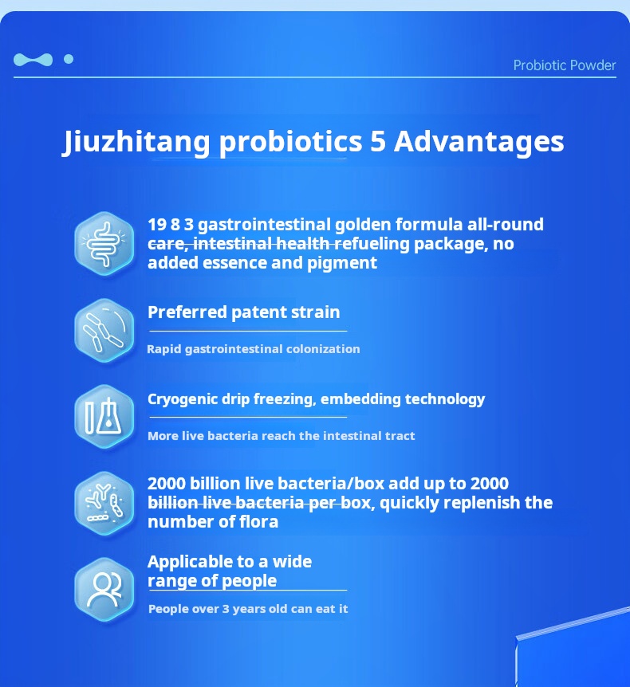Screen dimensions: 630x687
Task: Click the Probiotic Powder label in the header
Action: coord(565,65)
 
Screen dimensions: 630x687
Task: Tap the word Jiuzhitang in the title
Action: coord(137,142)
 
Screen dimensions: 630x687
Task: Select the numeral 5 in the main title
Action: coord(378,142)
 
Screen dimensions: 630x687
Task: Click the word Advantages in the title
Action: coord(478,142)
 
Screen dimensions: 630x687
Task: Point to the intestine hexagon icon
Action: coord(104,244)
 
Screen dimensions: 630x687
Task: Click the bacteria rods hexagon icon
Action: coord(104,331)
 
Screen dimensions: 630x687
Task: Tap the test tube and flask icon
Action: coord(104,417)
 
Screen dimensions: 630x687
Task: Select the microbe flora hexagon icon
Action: coord(104,504)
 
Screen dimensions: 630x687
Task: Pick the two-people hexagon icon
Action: coord(104,590)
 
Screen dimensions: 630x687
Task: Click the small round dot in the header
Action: coord(69,59)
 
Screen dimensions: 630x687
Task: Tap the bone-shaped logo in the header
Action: coord(33,60)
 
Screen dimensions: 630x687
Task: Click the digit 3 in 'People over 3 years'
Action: coord(226,609)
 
